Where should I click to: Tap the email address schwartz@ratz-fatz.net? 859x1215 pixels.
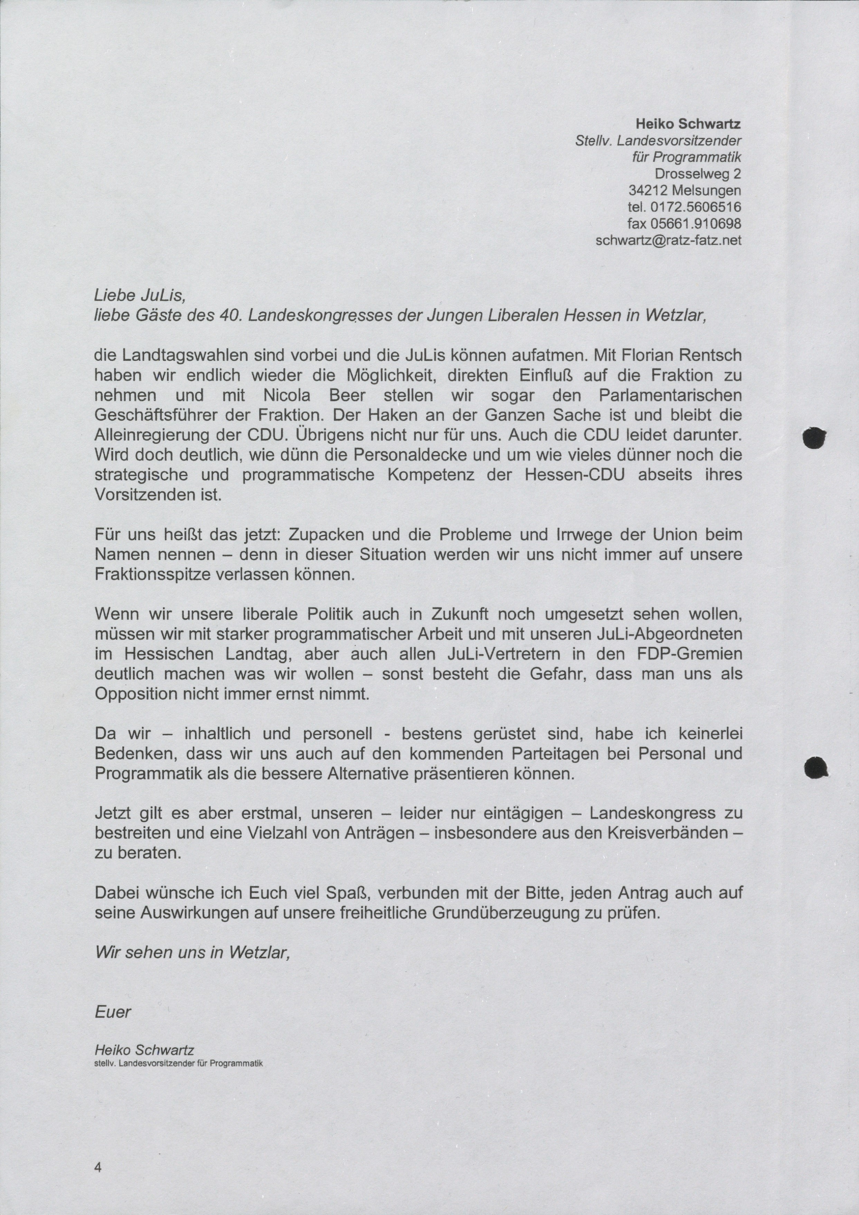tap(669, 240)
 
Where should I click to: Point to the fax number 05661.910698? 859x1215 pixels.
tap(698, 223)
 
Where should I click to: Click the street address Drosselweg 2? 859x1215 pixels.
tap(698, 173)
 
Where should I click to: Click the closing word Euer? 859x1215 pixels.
tap(113, 1012)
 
